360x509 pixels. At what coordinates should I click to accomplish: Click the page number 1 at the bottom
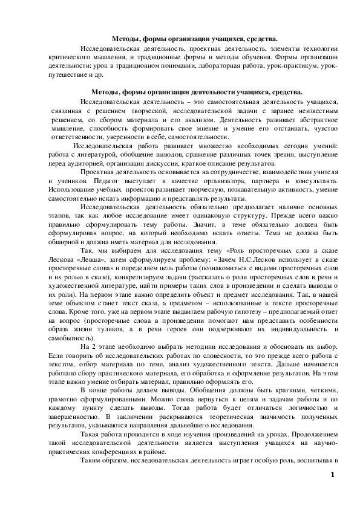[332, 490]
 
